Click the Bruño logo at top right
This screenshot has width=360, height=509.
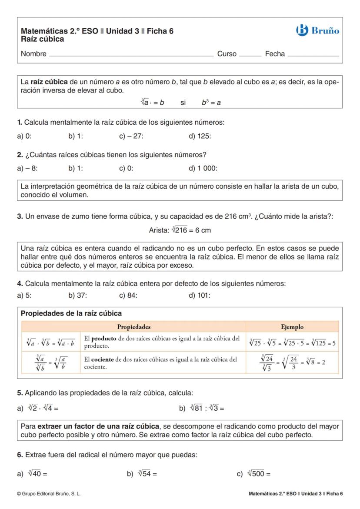(317, 30)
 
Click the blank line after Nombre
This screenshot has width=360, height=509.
(130, 55)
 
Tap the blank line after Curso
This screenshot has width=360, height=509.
(250, 55)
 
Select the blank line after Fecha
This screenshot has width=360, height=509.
(313, 55)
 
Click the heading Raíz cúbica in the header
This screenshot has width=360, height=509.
(43, 39)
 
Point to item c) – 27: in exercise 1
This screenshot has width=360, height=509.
(131, 136)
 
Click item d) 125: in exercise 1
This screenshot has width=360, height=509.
(200, 136)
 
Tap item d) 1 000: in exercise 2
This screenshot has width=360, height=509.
(203, 168)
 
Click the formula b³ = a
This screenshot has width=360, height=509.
(211, 103)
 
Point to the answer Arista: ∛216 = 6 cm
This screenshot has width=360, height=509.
(180, 230)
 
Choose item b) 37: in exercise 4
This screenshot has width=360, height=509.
(78, 296)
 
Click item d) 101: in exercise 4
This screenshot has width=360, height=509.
(200, 296)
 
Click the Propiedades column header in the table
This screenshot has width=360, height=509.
(134, 327)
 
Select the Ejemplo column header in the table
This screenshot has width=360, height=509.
(292, 327)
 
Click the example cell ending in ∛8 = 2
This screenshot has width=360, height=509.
(292, 363)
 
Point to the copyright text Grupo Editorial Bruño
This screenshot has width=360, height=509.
(49, 494)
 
